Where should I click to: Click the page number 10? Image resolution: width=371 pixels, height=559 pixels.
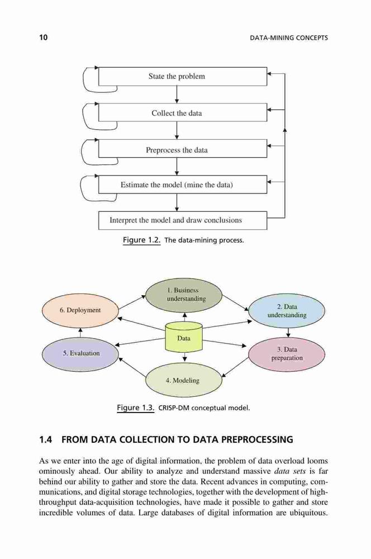(43, 37)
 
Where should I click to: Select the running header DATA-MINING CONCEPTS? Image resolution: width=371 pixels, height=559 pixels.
(289, 38)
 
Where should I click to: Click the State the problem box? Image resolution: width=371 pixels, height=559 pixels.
(183, 76)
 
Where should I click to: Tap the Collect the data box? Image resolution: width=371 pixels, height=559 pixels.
(183, 113)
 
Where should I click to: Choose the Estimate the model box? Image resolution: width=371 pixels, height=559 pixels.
(183, 184)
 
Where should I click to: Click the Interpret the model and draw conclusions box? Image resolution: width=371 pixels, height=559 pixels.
(183, 220)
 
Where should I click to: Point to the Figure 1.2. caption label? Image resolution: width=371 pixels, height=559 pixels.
(141, 240)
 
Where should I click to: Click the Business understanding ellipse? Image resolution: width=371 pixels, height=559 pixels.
(184, 295)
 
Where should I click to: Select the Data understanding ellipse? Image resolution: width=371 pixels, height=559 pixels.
(287, 311)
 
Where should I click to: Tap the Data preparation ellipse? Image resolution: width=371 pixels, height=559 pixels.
(287, 354)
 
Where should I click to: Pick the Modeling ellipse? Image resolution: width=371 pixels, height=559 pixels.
(184, 380)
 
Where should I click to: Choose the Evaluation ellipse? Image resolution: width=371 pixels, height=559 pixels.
(80, 353)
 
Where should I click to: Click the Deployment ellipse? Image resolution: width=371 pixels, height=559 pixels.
(80, 310)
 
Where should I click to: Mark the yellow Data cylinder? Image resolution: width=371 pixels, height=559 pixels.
(184, 337)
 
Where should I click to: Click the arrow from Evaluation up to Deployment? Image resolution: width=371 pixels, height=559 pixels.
(80, 332)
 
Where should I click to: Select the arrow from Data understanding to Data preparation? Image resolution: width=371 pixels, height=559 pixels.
(288, 333)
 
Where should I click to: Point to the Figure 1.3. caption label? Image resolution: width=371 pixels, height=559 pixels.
(136, 408)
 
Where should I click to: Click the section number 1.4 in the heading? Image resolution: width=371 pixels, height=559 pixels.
(45, 439)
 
